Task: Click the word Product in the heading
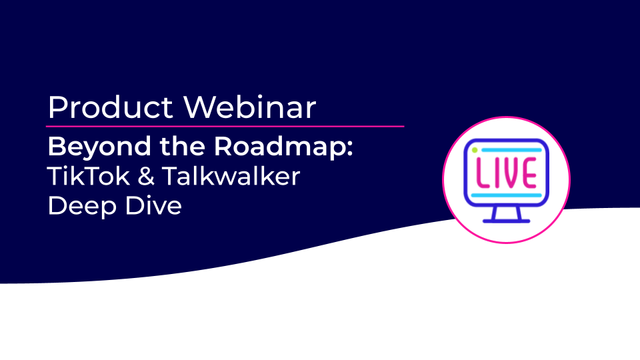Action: [x=111, y=107]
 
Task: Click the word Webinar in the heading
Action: [x=250, y=107]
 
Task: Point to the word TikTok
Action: [x=89, y=176]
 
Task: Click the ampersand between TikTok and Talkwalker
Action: [x=146, y=177]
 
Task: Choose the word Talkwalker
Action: [x=231, y=176]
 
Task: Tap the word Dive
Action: [x=153, y=205]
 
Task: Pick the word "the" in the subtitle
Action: [x=182, y=146]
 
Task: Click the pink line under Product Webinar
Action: [x=225, y=127]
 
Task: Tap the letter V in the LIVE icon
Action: [x=510, y=173]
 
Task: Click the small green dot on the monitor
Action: [x=475, y=150]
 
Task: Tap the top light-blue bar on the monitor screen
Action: [x=511, y=150]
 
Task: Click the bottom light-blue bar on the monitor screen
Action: [x=506, y=195]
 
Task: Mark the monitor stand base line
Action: [x=507, y=221]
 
